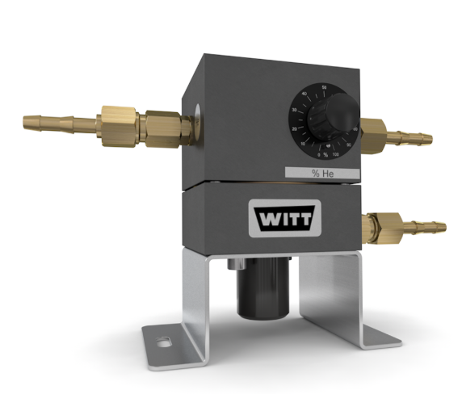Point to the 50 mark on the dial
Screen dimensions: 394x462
coord(323,87)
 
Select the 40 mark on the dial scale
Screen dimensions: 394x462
coord(304,94)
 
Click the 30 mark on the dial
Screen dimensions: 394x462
coord(294,109)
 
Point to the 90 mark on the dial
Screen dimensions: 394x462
coord(348,144)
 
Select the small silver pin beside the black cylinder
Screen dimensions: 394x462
coord(233,264)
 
